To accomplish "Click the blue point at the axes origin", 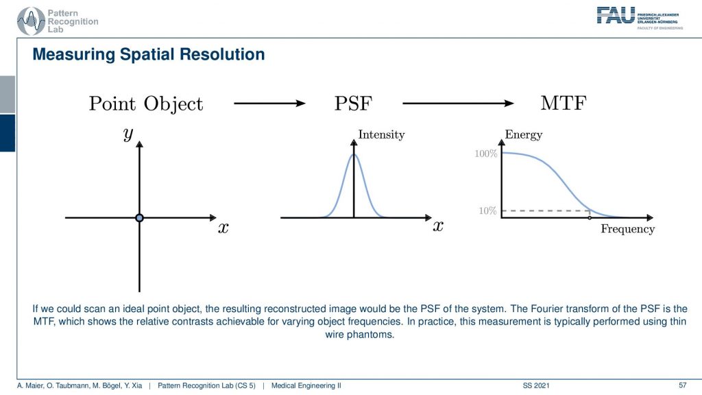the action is click(x=139, y=217).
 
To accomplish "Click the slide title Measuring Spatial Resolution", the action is click(x=149, y=54).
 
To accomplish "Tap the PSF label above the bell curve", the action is click(x=353, y=104).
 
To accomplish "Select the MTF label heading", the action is click(x=564, y=103).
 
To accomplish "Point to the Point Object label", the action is click(x=146, y=104).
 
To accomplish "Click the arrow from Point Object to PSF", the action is click(x=269, y=104).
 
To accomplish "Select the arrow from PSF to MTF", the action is click(x=458, y=104).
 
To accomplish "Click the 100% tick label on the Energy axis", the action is click(x=486, y=154).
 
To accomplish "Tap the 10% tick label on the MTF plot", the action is click(x=487, y=211).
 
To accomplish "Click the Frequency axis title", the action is click(x=627, y=229).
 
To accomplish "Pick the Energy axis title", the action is click(x=523, y=134).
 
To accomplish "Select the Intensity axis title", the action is click(x=381, y=134).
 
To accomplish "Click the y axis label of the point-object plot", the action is click(x=128, y=134).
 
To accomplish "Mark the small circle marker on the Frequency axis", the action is click(x=589, y=217).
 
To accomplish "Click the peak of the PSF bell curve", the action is click(x=354, y=154).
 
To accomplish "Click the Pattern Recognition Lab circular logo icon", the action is click(x=31, y=21).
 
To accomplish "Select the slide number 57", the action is click(x=682, y=385).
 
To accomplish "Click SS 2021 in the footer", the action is click(x=535, y=385).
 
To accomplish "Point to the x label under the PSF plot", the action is click(x=438, y=226).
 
